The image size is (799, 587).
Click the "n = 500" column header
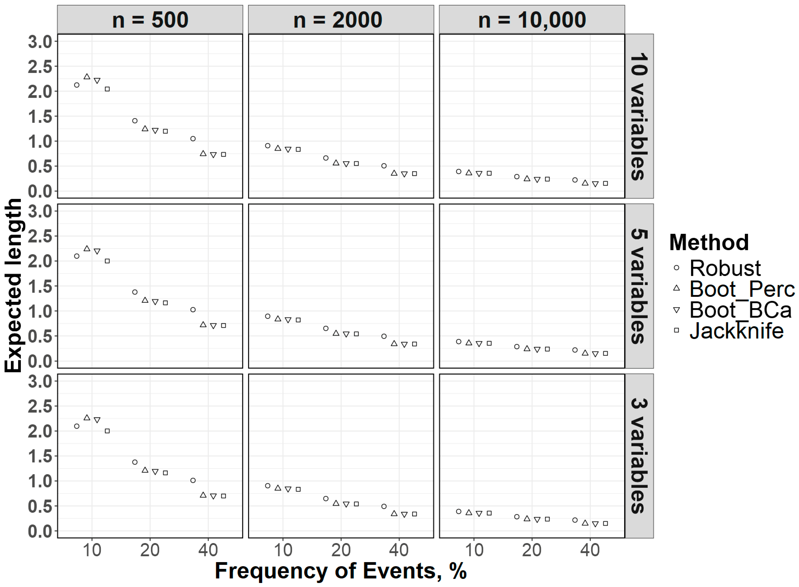150,20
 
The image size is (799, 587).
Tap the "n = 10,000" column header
532,20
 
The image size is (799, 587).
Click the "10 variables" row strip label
639,116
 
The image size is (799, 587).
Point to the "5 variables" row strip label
639,286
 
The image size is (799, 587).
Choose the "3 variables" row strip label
639,456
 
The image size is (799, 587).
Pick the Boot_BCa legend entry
740,310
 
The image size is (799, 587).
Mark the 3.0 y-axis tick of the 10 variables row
40,42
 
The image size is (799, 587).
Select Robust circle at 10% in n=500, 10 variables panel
77,85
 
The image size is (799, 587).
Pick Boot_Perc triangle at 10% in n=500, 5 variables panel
87,248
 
